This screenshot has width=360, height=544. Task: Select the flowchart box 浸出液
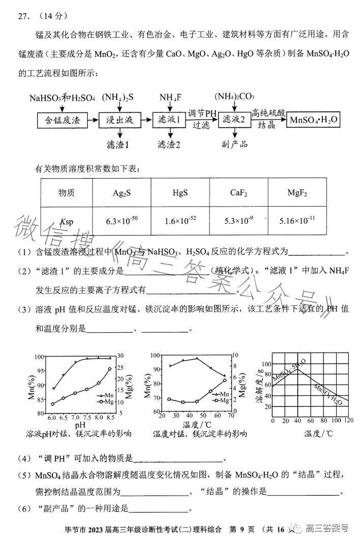119,121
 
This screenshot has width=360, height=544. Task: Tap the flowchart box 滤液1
168,121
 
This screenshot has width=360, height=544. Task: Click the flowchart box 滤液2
234,121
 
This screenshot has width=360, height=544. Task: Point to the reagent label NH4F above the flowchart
169,98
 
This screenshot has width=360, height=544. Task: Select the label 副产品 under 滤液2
234,144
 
